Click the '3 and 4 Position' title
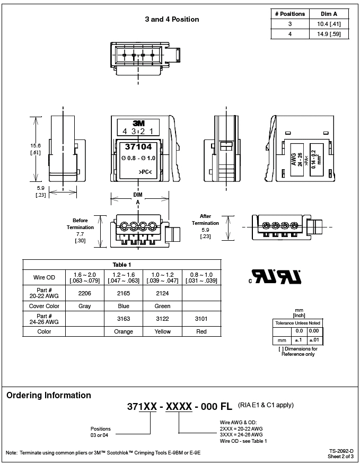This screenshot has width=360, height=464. pos(172,19)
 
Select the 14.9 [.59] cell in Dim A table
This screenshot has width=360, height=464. pos(329,34)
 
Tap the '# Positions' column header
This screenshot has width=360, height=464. pos(290,14)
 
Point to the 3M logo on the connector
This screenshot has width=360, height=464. pos(138,124)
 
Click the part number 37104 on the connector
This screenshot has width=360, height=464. pos(138,146)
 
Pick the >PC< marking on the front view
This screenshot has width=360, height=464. pos(145,172)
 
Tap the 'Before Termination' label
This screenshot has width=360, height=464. pos(80,224)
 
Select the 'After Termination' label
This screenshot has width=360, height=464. pos(205,220)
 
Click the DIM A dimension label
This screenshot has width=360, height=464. pos(138,198)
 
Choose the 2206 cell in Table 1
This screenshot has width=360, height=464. pos(85,293)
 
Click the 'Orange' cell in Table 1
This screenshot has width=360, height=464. pos(124,331)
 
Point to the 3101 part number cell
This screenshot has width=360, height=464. pos(201,319)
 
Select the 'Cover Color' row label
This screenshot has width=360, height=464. pos(44,306)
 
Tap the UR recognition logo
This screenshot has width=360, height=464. pos(275,276)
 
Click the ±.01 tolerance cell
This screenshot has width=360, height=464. pos(314,340)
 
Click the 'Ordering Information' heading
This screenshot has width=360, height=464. pos(49,396)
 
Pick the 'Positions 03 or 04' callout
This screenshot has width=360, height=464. pos(100,432)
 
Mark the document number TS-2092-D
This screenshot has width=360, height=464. pos(341,451)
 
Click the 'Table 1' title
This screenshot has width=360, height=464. pos(122,265)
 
